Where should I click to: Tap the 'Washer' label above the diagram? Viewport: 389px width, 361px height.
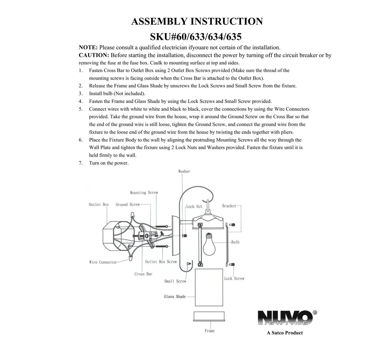pos(184,171)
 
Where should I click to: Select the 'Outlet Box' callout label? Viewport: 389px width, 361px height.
pos(99,204)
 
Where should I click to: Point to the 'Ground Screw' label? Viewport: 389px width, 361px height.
pos(128,204)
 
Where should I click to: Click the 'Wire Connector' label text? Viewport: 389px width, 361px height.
pos(103,262)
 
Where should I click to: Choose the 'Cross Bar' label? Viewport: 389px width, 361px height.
pos(143,274)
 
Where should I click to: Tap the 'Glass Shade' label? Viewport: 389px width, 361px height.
pos(175,297)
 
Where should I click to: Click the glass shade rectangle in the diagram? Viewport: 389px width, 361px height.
pos(209,287)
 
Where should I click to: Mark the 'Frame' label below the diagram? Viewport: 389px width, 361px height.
pos(210,331)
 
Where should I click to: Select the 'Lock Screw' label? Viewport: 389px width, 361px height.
pos(234,279)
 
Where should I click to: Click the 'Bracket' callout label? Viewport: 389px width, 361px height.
pos(229,206)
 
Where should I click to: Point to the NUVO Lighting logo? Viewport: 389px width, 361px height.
pos(287,318)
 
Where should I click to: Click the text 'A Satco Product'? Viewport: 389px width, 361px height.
pos(285,333)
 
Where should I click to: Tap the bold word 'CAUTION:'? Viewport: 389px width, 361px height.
pos(94,55)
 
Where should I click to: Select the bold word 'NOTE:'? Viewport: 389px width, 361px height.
pos(88,47)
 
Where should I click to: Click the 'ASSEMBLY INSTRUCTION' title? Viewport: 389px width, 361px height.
pos(197,21)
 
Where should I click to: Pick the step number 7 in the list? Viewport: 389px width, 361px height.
pos(81,163)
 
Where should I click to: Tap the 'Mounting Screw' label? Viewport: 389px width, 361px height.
pos(144,193)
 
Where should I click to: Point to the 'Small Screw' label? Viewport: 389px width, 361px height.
pos(175,281)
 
